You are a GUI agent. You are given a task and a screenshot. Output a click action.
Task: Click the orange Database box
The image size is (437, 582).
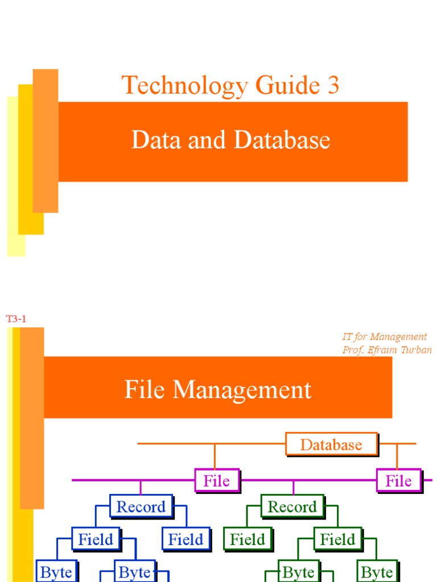click(x=332, y=444)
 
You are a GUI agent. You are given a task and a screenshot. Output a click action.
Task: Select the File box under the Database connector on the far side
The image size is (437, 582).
click(x=399, y=481)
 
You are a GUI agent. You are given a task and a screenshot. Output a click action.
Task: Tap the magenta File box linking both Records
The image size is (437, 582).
click(x=217, y=481)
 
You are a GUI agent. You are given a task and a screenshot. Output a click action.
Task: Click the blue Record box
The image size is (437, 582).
click(x=142, y=506)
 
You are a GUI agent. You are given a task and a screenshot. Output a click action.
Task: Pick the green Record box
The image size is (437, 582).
click(x=293, y=506)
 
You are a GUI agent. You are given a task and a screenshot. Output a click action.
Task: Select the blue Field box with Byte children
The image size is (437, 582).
click(x=96, y=539)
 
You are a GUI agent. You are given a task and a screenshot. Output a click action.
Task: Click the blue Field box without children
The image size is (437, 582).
click(x=186, y=539)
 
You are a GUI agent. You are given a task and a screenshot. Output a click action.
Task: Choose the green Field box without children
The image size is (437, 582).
click(x=248, y=539)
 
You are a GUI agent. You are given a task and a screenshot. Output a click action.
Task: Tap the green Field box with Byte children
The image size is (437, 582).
click(x=338, y=539)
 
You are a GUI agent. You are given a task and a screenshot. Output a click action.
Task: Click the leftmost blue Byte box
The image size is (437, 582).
click(x=56, y=571)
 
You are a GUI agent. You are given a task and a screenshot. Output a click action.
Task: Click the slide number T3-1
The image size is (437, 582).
click(x=16, y=319)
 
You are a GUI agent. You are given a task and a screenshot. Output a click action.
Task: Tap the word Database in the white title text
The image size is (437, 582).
click(x=282, y=140)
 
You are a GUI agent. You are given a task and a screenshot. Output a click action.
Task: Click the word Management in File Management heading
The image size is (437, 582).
click(x=242, y=390)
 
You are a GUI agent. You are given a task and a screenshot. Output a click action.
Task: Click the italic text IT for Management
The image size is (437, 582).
click(x=385, y=336)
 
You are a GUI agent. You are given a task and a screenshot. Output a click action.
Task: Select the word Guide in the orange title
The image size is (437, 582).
click(x=287, y=85)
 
